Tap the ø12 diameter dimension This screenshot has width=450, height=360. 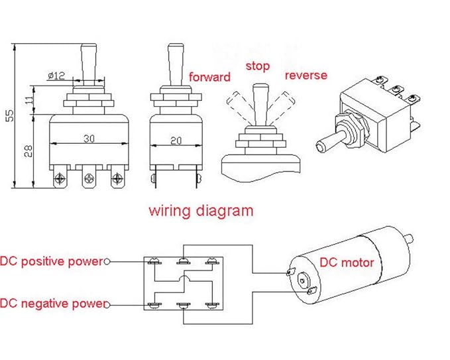(56, 76)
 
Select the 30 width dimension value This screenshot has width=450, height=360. (88, 138)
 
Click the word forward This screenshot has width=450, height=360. (209, 77)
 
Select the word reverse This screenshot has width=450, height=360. (306, 75)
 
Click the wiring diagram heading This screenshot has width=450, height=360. (200, 211)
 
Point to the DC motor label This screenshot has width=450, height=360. (347, 263)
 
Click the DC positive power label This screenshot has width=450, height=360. (52, 261)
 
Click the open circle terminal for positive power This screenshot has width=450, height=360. (107, 262)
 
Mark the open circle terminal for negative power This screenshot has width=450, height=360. (107, 304)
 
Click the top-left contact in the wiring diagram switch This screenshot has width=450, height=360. (154, 262)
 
